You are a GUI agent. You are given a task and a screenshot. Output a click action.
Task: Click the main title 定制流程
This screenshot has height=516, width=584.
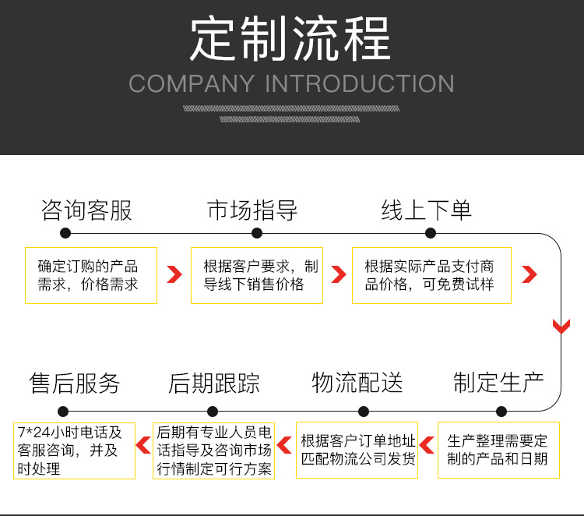(x=290, y=38)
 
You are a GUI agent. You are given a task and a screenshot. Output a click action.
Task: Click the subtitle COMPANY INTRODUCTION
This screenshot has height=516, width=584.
(x=291, y=83)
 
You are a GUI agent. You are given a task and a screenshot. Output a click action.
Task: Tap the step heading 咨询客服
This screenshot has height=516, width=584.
(x=86, y=210)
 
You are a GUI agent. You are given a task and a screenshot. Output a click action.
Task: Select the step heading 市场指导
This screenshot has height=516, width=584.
(x=252, y=210)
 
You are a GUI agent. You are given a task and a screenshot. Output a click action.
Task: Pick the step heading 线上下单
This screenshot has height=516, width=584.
(x=427, y=210)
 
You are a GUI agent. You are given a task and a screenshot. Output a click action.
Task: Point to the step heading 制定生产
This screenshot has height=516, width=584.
(x=498, y=383)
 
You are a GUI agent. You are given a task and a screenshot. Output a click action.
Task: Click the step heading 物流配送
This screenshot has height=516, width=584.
(x=357, y=383)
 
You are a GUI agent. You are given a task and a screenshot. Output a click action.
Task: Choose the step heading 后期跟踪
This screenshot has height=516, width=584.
(x=214, y=383)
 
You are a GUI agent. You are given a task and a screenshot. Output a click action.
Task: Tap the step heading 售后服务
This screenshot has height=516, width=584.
(x=75, y=383)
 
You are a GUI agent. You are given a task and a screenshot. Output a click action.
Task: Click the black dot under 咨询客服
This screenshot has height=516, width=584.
(x=65, y=233)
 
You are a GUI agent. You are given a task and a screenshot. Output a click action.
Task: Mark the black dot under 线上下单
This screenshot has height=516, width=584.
(x=431, y=233)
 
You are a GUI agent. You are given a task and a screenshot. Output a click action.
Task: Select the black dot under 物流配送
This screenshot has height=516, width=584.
(x=364, y=412)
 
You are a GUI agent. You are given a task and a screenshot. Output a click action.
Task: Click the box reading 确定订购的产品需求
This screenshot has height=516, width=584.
(x=91, y=275)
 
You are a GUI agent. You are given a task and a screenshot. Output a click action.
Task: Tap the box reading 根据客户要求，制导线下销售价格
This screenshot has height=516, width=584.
(x=257, y=275)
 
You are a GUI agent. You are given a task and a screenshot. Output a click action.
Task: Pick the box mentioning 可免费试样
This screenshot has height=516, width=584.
(x=431, y=275)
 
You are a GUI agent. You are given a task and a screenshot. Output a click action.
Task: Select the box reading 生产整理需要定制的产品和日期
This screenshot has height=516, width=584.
(x=498, y=450)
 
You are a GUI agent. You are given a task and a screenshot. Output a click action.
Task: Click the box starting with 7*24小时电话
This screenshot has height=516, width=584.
(x=74, y=451)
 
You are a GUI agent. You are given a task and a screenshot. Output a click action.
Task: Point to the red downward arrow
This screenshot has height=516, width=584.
(x=561, y=327)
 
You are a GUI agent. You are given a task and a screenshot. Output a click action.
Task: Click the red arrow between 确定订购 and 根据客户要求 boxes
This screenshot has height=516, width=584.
(x=174, y=274)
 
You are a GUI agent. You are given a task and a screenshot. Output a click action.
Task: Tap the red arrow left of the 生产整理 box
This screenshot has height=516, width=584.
(x=427, y=445)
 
